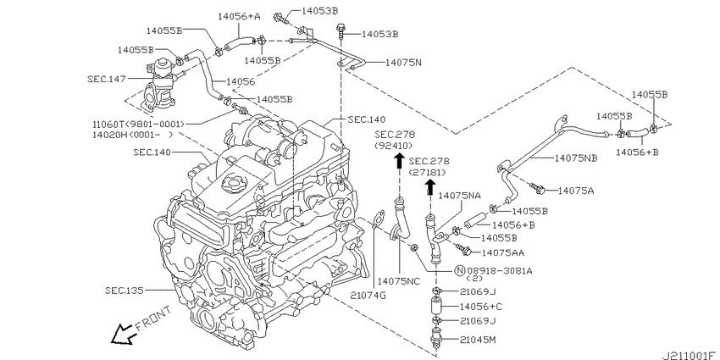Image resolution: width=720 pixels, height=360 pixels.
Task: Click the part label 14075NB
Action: pyautogui.click(x=576, y=158)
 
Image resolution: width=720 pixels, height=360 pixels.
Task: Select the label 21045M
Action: pyautogui.click(x=478, y=340)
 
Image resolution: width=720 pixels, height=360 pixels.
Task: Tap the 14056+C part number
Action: pyautogui.click(x=481, y=307)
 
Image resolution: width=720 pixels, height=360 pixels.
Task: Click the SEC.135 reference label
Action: pyautogui.click(x=124, y=291)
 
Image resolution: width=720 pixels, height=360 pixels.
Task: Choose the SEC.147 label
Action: pyautogui.click(x=107, y=79)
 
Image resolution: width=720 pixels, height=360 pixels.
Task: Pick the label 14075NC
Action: pyautogui.click(x=399, y=281)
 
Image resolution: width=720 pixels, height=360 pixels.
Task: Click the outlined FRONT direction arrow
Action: pyautogui.click(x=123, y=335)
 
